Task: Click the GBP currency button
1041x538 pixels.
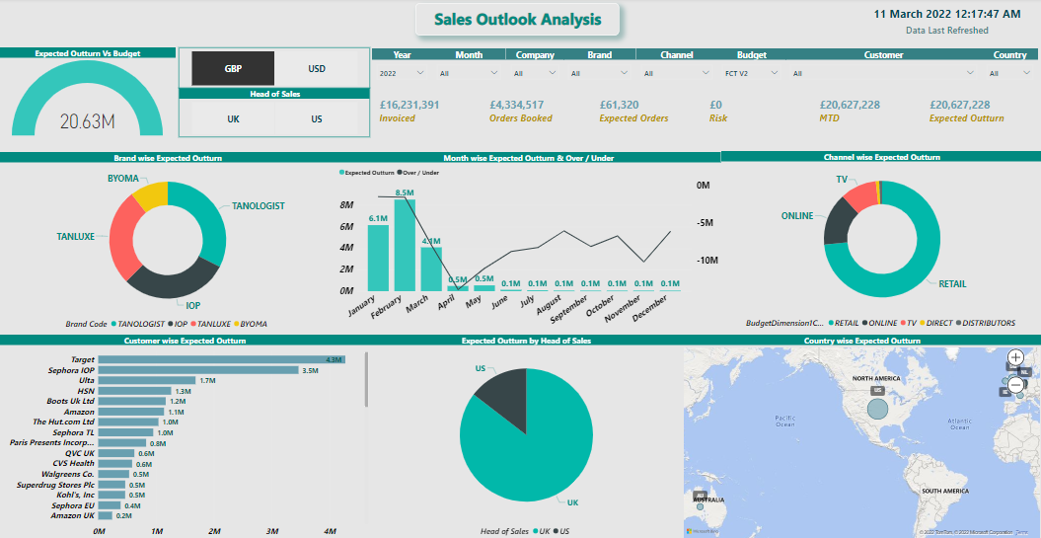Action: (233, 69)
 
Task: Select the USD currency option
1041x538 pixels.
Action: (317, 69)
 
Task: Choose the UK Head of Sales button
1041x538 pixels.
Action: (233, 118)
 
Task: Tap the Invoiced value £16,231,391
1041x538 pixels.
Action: (409, 105)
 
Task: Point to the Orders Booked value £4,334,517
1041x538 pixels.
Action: (516, 105)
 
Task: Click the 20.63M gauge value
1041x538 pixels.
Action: (88, 121)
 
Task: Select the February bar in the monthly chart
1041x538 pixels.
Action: (405, 247)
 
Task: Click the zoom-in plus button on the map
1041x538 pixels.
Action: (1016, 357)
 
